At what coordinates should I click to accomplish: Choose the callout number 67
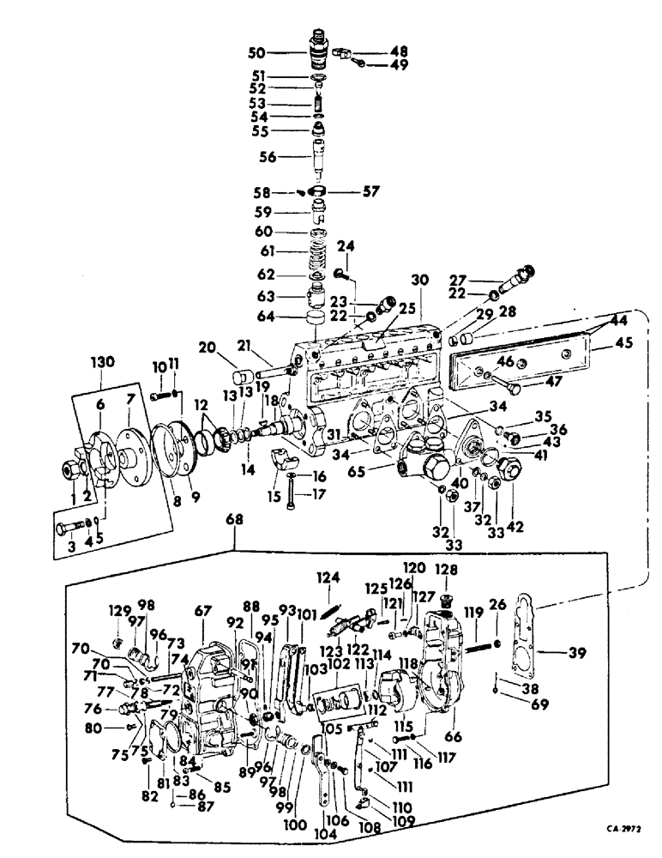(x=202, y=610)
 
